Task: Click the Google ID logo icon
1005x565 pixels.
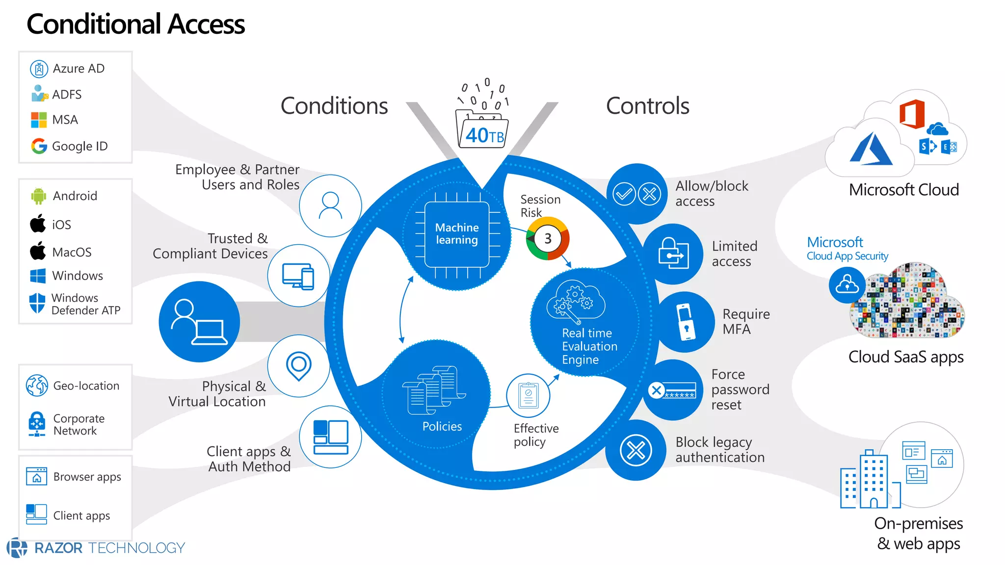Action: coord(39,146)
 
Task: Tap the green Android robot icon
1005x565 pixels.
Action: coord(38,196)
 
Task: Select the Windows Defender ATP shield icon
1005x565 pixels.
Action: coord(37,303)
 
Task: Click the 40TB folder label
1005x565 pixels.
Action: coord(483,134)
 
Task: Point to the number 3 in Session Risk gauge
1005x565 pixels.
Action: coord(548,239)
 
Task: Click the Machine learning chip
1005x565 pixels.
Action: coord(457,234)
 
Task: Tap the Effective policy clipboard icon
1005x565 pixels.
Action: coord(528,395)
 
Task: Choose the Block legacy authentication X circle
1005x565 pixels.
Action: coord(636,450)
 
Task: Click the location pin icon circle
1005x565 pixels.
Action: coord(298,366)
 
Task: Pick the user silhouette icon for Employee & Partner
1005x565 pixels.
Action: coord(330,205)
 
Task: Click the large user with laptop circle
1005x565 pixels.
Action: coord(199,322)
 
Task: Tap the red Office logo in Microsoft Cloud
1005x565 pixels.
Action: coord(912,114)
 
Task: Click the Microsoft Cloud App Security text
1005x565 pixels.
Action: coord(847,249)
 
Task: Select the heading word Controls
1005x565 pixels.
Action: coord(647,106)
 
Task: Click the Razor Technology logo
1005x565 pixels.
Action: coord(96,548)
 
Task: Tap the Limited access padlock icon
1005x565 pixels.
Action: coord(673,254)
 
